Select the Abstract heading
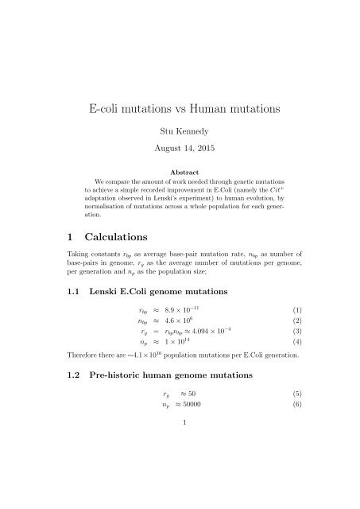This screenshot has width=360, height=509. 180,170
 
